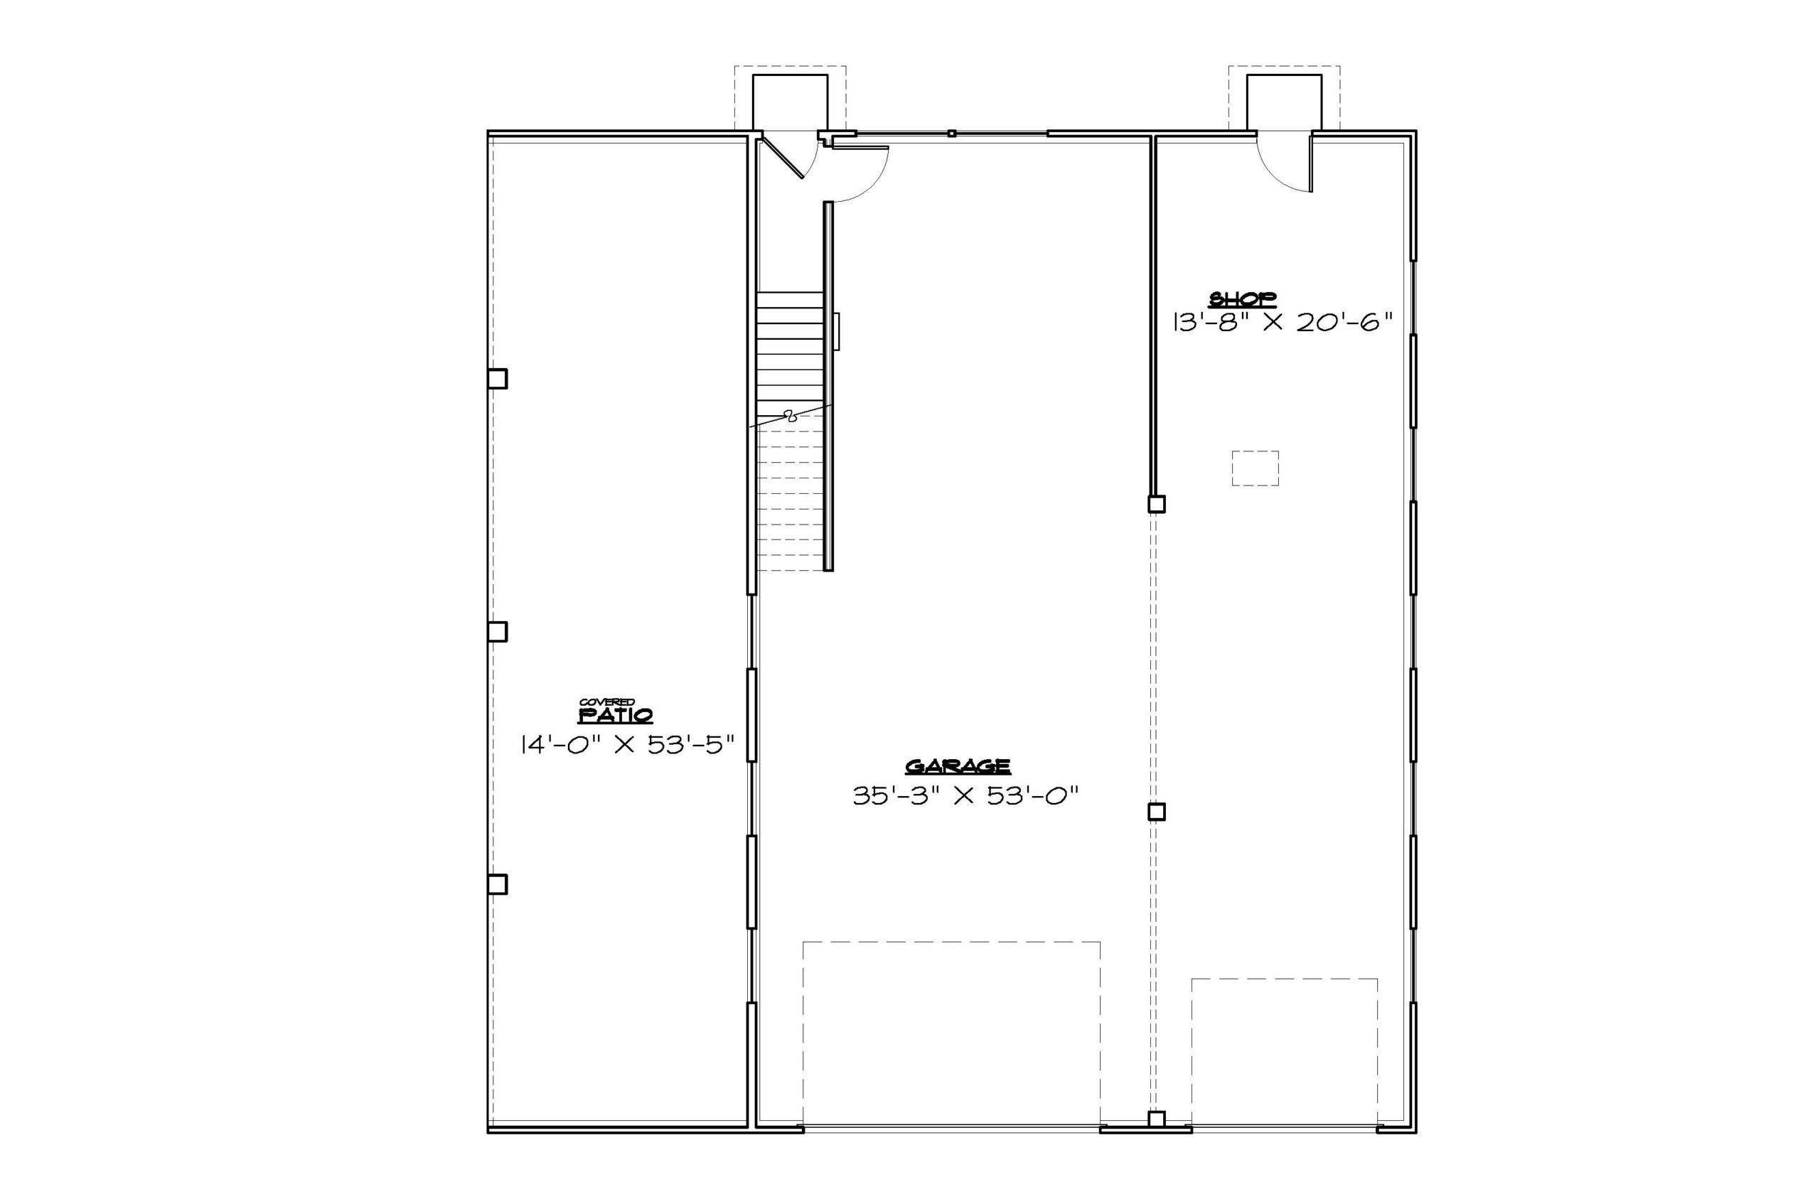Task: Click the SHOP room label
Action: coord(1241,299)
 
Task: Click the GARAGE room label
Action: coord(958,767)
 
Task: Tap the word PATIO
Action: coord(616,716)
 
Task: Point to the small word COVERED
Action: coord(607,702)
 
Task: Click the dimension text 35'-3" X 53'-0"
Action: coord(965,796)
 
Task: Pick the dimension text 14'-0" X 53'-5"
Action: coord(628,743)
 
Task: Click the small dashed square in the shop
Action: coord(1255,468)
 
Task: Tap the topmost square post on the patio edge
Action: coord(497,379)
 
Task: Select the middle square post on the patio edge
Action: coord(497,631)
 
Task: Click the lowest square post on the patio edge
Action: coord(497,884)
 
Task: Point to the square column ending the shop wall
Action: coord(1157,505)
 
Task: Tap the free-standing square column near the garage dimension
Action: coord(1157,812)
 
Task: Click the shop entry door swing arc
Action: coord(1273,176)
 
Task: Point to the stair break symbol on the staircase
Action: coord(791,416)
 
